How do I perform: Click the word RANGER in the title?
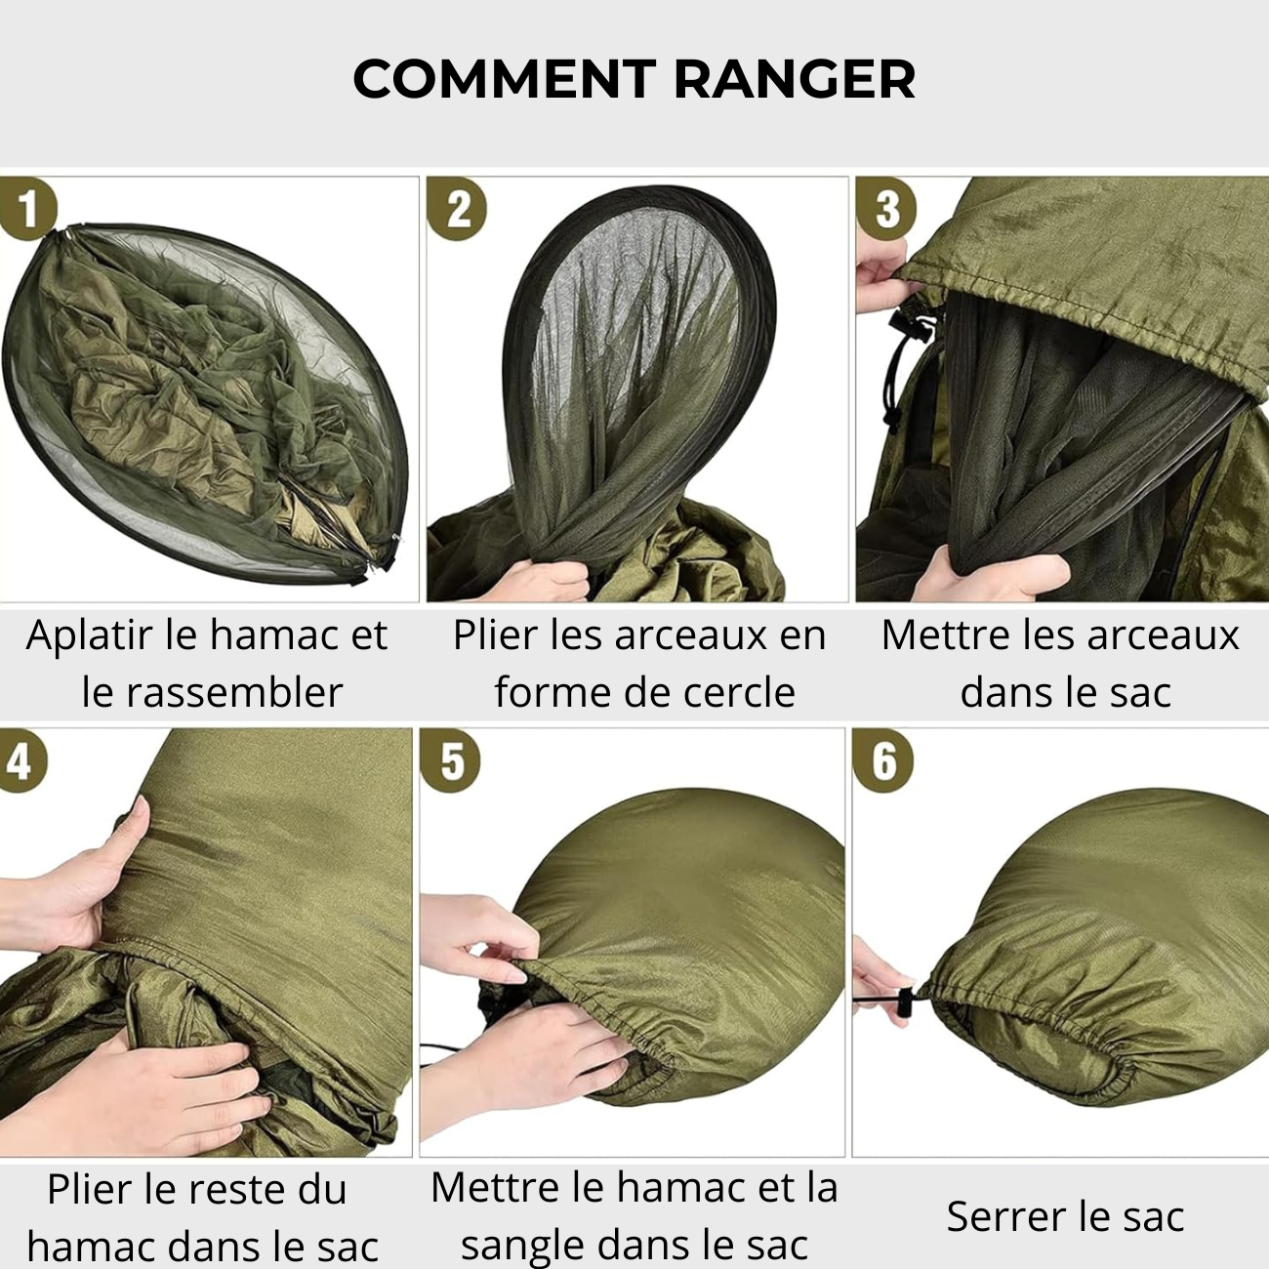795,80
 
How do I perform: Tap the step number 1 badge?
26,208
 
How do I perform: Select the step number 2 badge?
457,209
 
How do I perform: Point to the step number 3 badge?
885,208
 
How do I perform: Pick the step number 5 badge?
450,760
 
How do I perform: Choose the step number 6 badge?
882,760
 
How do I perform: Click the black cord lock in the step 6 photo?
904,1003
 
